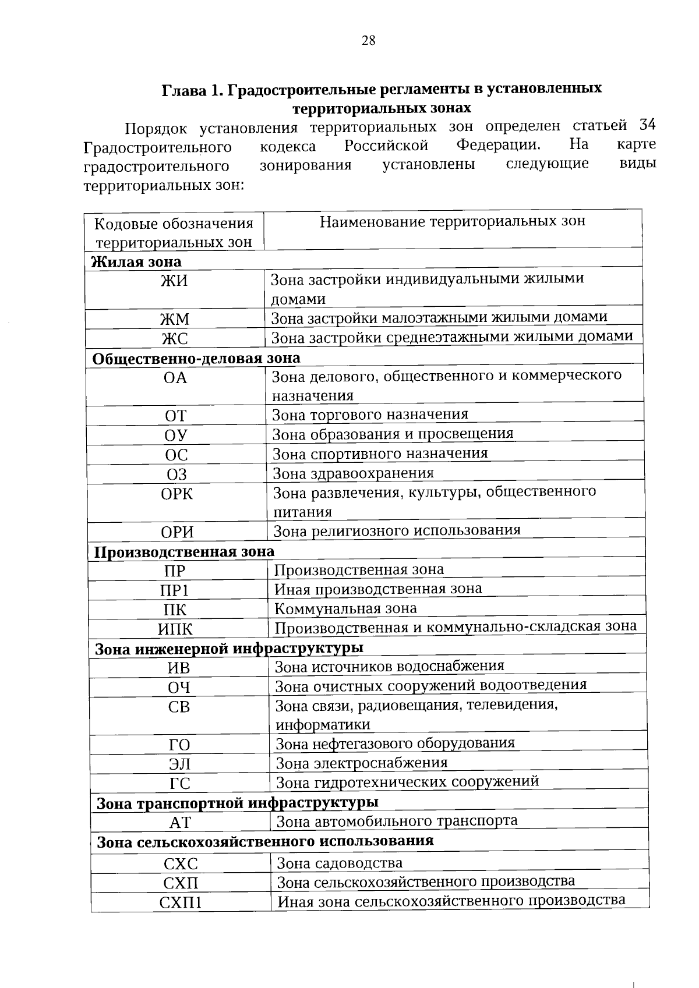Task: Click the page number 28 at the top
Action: pyautogui.click(x=368, y=40)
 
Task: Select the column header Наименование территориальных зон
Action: pyautogui.click(x=453, y=221)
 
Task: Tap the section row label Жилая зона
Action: pyautogui.click(x=136, y=262)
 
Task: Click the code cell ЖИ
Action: pyautogui.click(x=175, y=281)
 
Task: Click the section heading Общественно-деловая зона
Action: pyautogui.click(x=196, y=358)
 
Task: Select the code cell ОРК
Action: pyautogui.click(x=176, y=494)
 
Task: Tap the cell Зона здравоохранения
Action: pyautogui.click(x=354, y=473)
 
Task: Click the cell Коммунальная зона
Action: pyautogui.click(x=346, y=609)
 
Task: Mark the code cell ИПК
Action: pyautogui.click(x=175, y=629)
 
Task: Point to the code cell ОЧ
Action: pyautogui.click(x=179, y=688)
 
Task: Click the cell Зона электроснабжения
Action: pyautogui.click(x=362, y=763)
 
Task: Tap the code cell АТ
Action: pyautogui.click(x=180, y=823)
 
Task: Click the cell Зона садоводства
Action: pyautogui.click(x=340, y=863)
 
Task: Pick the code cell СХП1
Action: pyautogui.click(x=181, y=903)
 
